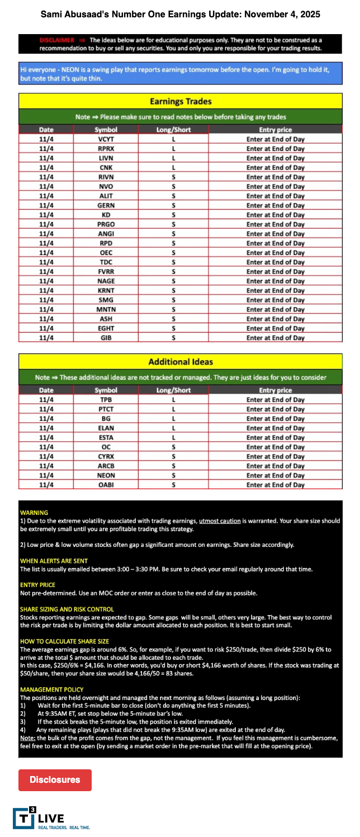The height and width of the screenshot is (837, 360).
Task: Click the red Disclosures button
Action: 55,779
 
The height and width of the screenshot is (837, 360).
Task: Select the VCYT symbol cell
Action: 106,139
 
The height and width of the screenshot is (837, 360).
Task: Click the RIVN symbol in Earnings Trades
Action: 106,177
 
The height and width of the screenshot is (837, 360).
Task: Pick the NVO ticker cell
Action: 106,187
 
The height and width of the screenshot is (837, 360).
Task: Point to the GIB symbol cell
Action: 106,338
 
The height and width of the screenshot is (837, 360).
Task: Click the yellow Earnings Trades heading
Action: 180,101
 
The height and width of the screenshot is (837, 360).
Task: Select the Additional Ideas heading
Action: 180,362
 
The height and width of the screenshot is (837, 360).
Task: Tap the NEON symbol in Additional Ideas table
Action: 106,475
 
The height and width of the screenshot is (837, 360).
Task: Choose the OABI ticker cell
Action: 106,485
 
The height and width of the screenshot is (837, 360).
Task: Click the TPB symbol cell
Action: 106,400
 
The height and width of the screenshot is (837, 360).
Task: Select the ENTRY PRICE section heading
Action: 38,585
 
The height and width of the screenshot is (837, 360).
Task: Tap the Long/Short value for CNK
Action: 174,168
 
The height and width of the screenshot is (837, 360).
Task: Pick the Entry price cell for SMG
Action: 275,300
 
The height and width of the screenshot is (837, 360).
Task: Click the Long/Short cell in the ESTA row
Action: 174,438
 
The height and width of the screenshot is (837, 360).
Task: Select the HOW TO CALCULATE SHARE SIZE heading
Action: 64,641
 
